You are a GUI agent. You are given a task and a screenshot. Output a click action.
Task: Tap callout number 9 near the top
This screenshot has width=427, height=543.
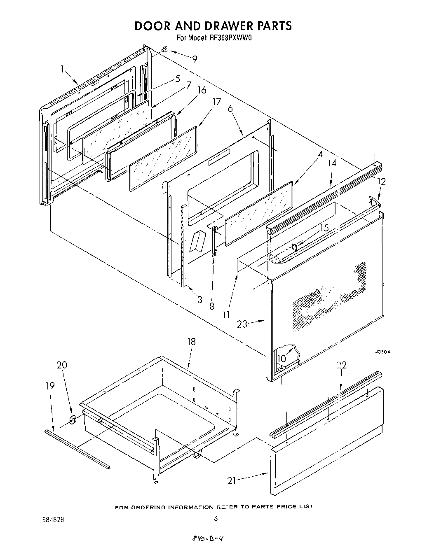(195, 59)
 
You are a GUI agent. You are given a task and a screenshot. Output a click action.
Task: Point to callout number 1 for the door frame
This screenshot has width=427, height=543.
(63, 70)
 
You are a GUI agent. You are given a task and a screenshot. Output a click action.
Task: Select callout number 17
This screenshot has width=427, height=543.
(217, 102)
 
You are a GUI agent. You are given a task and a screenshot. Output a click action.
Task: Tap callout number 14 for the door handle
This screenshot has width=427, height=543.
(332, 163)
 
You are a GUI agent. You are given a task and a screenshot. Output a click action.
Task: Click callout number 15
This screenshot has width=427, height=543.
(324, 227)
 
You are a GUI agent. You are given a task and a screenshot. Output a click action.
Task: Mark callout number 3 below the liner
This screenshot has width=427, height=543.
(199, 300)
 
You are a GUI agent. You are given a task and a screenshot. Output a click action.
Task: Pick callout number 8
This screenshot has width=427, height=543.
(211, 306)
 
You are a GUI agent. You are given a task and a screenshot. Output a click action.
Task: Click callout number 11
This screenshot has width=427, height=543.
(226, 315)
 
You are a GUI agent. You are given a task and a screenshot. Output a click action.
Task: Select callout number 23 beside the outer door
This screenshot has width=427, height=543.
(242, 324)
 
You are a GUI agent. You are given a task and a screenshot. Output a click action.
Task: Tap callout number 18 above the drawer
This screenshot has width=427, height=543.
(191, 341)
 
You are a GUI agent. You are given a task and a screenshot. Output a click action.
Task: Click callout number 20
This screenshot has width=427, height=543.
(62, 365)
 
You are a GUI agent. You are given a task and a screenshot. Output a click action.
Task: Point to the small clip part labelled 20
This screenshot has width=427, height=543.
(73, 420)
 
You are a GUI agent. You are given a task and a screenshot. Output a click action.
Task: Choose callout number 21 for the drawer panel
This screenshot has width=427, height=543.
(232, 480)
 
